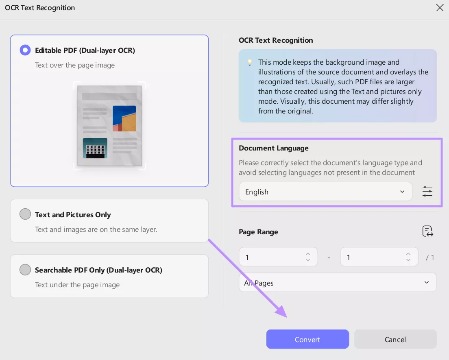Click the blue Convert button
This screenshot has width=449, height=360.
307,339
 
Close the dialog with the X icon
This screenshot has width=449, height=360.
440,7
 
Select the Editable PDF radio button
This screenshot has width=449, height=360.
25,50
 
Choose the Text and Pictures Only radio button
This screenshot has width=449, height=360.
25,214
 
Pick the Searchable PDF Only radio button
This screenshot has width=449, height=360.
25,270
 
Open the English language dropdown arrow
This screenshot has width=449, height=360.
402,192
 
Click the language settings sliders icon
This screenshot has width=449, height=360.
427,191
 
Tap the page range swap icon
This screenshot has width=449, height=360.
427,231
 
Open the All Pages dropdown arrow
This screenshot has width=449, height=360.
426,282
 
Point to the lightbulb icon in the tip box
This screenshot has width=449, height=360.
250,62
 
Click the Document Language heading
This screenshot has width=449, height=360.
273,148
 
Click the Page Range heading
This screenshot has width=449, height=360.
258,232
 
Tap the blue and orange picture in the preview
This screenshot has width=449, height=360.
124,118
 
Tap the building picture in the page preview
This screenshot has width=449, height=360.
95,148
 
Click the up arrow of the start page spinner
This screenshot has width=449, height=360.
308,254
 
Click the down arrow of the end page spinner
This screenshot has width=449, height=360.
408,260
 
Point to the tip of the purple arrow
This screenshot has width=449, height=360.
287,317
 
